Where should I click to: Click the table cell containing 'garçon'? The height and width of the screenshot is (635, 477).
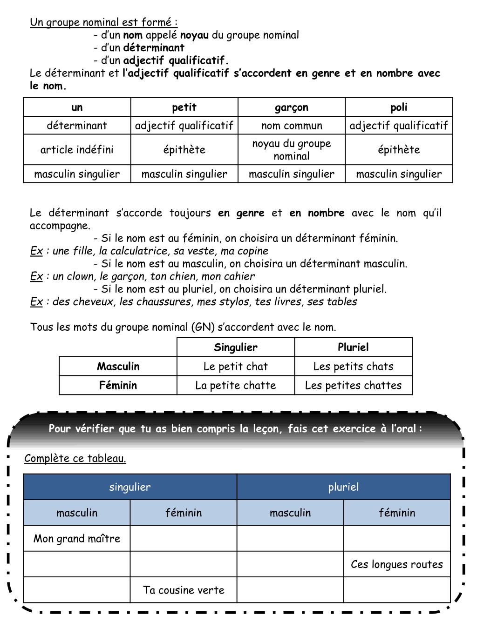pos(292,107)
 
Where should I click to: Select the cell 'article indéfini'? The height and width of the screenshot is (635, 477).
pos(77,149)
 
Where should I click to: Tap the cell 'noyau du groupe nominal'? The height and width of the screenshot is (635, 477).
pos(292,149)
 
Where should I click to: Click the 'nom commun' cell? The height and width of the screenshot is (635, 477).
pos(292,125)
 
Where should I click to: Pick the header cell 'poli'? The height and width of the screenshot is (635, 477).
pos(399,107)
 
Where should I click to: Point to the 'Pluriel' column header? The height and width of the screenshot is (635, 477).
pos(353,347)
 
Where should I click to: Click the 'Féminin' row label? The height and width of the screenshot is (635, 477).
pos(118,385)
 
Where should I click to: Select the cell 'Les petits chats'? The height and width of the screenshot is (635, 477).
pos(353,366)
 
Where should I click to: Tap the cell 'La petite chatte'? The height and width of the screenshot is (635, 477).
pos(236,385)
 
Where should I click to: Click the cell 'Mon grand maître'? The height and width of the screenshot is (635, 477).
pos(77,539)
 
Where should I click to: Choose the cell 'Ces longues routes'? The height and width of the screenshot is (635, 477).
pos(397,564)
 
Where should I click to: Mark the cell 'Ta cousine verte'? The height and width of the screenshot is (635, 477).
pos(184,590)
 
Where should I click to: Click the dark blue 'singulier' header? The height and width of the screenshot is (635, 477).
pos(130,487)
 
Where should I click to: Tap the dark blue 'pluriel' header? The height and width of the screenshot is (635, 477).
pos(344,487)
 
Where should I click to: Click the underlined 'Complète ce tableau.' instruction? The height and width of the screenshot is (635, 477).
pos(75,458)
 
